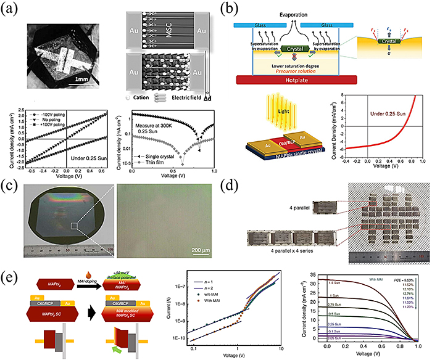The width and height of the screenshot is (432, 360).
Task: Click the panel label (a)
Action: point(12,9)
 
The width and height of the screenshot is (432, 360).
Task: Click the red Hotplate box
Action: point(296,80)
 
